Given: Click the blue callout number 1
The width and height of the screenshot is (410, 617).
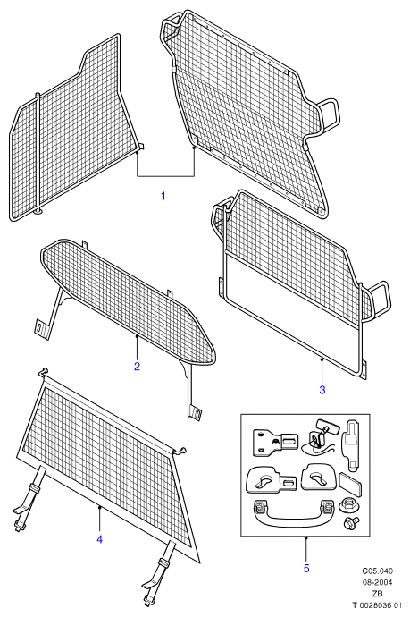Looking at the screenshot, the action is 163,196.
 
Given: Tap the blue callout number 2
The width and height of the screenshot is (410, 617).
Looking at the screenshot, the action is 137,367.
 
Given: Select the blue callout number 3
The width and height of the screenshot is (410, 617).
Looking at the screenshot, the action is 322,390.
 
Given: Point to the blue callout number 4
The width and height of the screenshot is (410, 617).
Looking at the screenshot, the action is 99,539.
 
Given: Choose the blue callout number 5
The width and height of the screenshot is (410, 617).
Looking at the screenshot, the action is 306,568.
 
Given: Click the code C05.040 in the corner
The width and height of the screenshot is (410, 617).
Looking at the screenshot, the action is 377,571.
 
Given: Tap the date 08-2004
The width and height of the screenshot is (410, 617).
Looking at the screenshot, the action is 377,582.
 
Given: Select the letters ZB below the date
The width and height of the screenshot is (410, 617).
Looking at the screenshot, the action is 377,594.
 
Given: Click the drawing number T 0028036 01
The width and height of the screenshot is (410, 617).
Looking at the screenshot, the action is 377,605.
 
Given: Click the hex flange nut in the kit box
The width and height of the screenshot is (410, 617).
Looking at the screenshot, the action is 347,505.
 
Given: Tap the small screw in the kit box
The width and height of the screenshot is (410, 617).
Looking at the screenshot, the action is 351,523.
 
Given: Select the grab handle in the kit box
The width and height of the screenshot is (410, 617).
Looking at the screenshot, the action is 295,512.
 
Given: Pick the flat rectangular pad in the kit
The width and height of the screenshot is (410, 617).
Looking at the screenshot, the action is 350,484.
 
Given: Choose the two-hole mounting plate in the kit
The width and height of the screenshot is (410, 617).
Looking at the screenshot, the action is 276,443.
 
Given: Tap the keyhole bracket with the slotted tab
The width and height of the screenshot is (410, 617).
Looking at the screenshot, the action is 272,479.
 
